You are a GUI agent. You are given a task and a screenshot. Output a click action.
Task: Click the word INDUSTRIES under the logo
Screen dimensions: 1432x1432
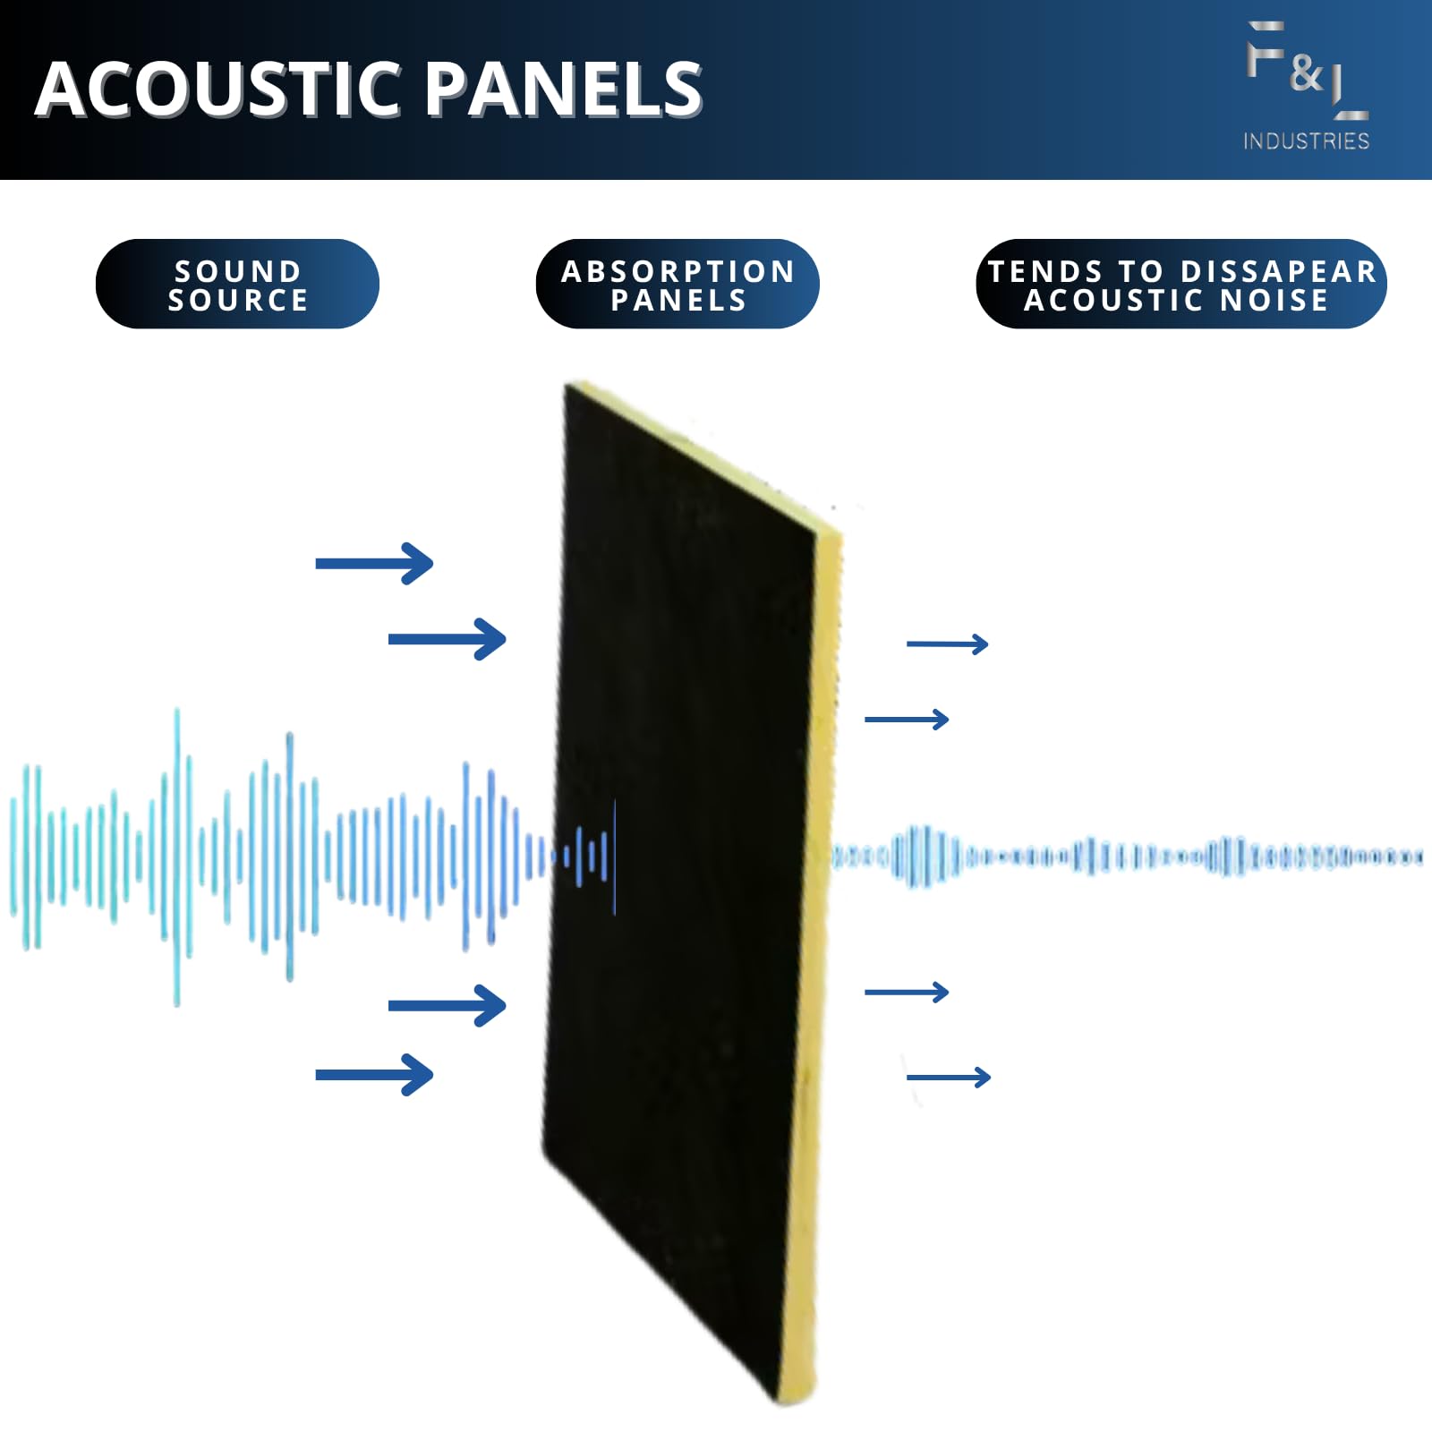coord(1306,141)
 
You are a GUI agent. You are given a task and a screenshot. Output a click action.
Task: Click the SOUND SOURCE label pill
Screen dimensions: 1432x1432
coord(237,285)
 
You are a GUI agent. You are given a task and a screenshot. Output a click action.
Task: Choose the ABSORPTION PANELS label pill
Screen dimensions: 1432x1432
coord(678,285)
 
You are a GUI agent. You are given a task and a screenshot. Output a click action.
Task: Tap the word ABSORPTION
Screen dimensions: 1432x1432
coord(678,271)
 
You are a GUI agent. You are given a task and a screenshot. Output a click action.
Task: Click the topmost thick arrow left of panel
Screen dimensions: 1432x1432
coord(374,564)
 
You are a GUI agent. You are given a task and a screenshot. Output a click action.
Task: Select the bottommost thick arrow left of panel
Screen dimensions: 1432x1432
coord(374,1075)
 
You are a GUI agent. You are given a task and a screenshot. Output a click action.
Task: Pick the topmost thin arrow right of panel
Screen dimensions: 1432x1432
coord(947,644)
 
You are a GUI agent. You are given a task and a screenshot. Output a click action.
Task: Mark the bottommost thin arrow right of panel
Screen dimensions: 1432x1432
coord(949,1077)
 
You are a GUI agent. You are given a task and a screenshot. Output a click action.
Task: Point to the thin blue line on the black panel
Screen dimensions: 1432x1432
coord(615,857)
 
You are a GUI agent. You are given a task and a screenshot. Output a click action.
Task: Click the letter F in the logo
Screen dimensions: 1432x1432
coord(1265,49)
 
